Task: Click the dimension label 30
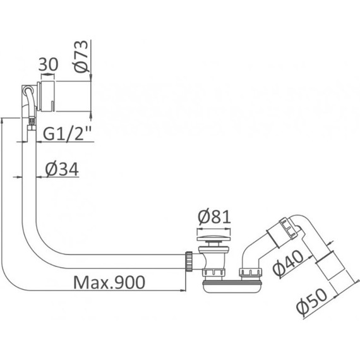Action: [x=49, y=64]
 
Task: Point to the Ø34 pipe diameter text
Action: [x=63, y=169]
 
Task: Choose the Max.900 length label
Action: [x=109, y=281]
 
